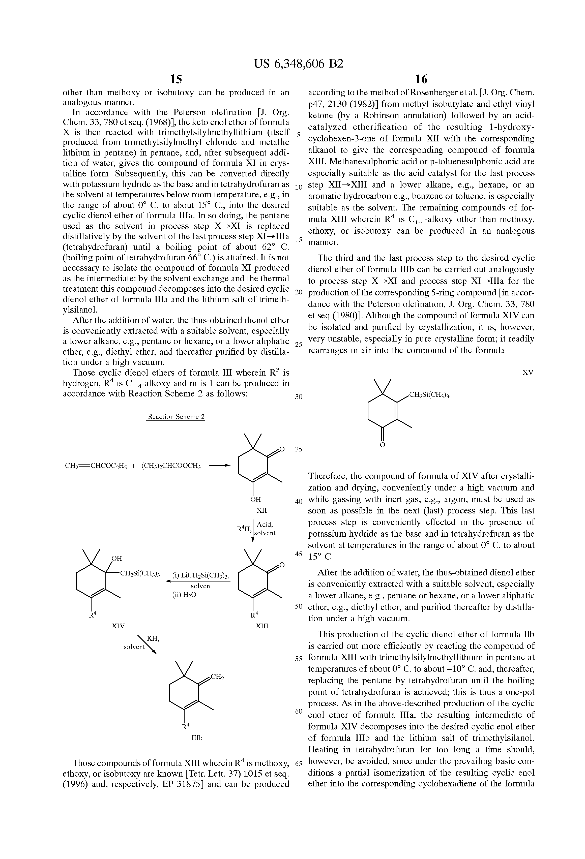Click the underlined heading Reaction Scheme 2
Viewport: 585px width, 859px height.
tap(176, 417)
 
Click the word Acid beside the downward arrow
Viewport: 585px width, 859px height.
tap(265, 525)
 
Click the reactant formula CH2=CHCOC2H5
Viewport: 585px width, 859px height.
tap(96, 466)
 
